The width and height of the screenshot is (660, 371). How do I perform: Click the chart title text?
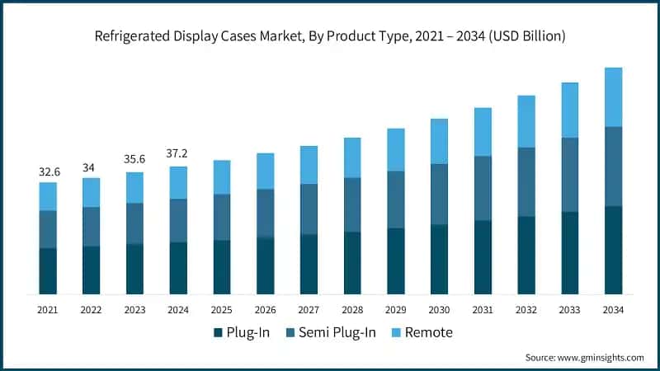(330, 36)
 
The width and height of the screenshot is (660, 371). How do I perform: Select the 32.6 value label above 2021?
(48, 171)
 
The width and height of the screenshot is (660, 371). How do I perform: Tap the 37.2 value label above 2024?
(179, 155)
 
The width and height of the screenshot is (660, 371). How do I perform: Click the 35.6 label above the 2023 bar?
(135, 161)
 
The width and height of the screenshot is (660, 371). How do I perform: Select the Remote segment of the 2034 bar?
(613, 97)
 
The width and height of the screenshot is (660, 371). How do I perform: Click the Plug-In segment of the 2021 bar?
(48, 270)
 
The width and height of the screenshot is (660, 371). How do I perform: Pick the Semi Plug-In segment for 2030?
(439, 194)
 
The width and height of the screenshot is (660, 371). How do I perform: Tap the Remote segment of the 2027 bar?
(309, 165)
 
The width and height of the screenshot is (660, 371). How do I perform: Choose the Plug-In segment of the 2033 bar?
(569, 252)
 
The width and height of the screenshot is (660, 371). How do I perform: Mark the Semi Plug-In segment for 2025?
(222, 217)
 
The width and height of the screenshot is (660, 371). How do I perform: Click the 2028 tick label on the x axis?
(352, 310)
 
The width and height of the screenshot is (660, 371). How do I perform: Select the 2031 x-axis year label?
(483, 310)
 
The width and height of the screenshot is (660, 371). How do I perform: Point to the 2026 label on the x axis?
(265, 310)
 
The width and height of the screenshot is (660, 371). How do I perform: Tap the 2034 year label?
(613, 310)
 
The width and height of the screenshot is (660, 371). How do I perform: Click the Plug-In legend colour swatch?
(218, 332)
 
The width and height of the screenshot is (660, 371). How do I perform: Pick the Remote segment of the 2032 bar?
(526, 121)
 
